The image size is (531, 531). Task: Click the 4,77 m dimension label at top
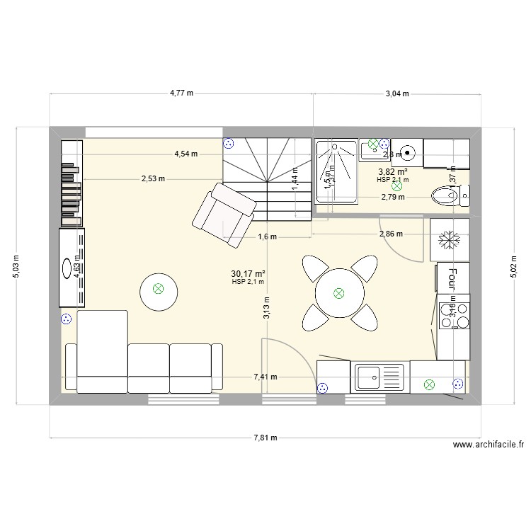pyautogui.click(x=183, y=93)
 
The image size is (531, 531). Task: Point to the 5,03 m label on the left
pyautogui.click(x=18, y=267)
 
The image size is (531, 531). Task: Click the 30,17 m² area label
pyautogui.click(x=248, y=273)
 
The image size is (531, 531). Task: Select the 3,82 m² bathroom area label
pyautogui.click(x=392, y=172)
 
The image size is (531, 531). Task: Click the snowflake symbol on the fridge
pyautogui.click(x=449, y=241)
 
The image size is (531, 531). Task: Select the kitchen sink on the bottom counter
pyautogui.click(x=379, y=376)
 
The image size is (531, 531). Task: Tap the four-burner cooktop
pyautogui.click(x=453, y=315)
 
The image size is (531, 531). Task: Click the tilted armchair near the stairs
pyautogui.click(x=223, y=213)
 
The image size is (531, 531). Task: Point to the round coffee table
pyautogui.click(x=159, y=289)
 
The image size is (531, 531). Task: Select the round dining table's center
pyautogui.click(x=338, y=292)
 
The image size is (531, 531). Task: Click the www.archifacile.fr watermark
pyautogui.click(x=489, y=445)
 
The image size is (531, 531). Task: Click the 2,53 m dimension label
pyautogui.click(x=153, y=178)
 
